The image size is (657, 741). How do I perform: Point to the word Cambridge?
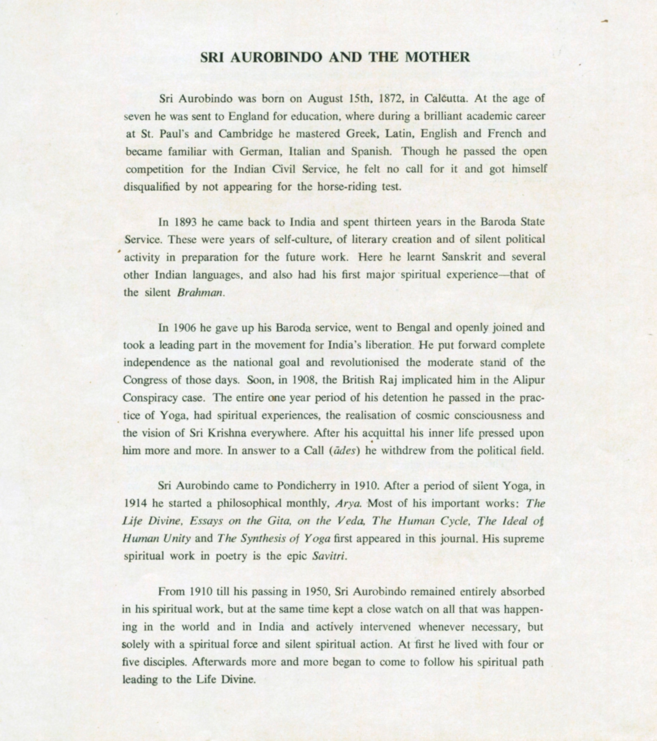pyautogui.click(x=245, y=134)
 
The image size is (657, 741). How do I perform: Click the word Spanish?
pyautogui.click(x=371, y=151)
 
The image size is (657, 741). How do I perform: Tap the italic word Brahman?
pyautogui.click(x=200, y=293)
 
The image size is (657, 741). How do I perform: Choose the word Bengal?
pyautogui.click(x=414, y=328)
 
